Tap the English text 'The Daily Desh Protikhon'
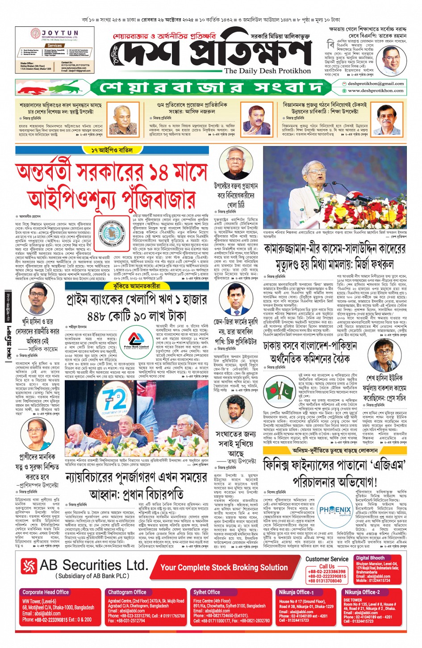267,71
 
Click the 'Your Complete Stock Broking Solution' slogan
224,567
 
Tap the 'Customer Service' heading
327,559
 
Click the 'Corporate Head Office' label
46,592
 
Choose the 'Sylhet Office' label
207,592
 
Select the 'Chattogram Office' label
127,592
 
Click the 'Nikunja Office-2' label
362,592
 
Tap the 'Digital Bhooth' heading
370,558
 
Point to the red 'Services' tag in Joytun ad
54,46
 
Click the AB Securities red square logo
29,566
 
